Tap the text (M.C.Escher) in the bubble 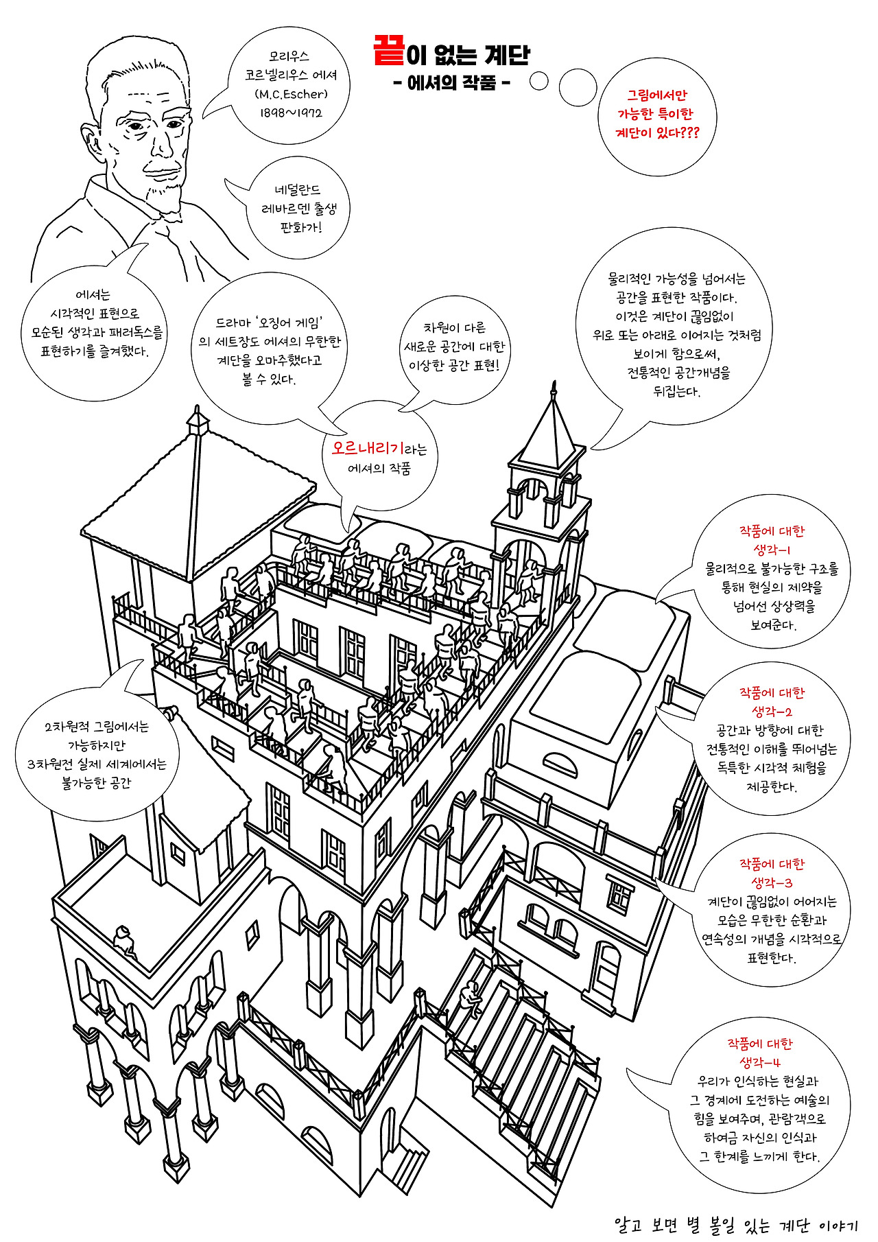(x=291, y=94)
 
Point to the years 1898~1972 (x=291, y=113)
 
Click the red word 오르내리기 (x=368, y=448)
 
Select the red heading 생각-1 (x=772, y=550)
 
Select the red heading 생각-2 (x=772, y=712)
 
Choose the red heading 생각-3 (x=772, y=882)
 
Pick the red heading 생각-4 (x=760, y=1062)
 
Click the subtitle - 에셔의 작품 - (x=451, y=83)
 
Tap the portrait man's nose (x=163, y=144)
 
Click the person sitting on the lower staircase (x=471, y=998)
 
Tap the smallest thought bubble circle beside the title (x=539, y=81)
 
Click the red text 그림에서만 (x=656, y=95)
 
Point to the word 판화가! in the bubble (x=300, y=227)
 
